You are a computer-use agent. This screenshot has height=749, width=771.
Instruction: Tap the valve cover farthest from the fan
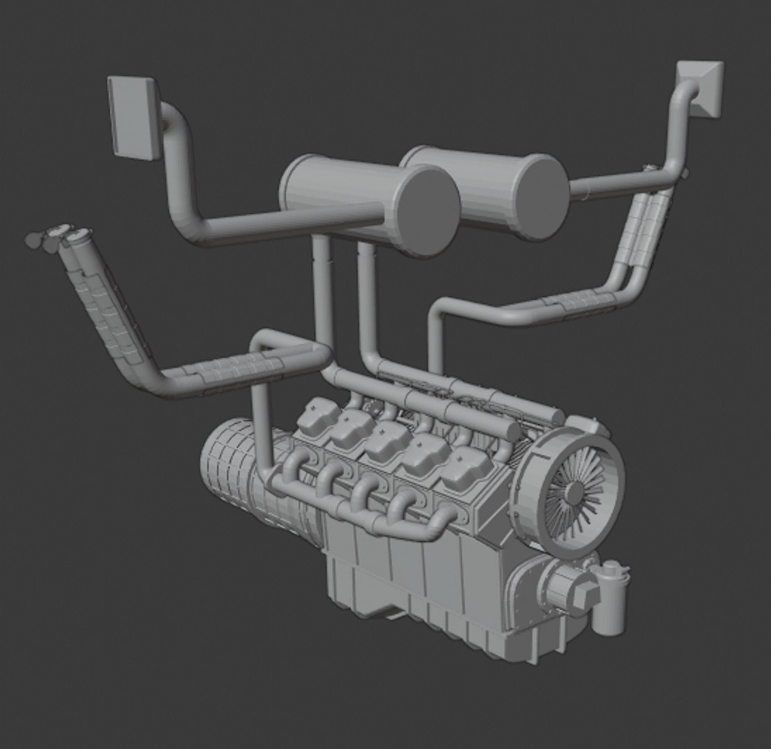coord(318,416)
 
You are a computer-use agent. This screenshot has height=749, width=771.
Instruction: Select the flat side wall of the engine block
coord(416,576)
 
